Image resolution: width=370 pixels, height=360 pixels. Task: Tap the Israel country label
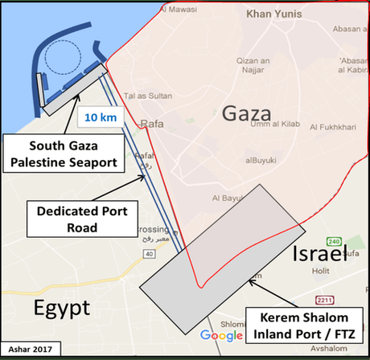pyautogui.click(x=315, y=253)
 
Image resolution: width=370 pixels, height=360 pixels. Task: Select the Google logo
pyautogui.click(x=221, y=335)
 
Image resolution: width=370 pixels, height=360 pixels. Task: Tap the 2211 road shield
pyautogui.click(x=325, y=301)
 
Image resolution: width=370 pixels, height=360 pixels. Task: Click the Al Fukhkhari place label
pyautogui.click(x=339, y=125)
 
